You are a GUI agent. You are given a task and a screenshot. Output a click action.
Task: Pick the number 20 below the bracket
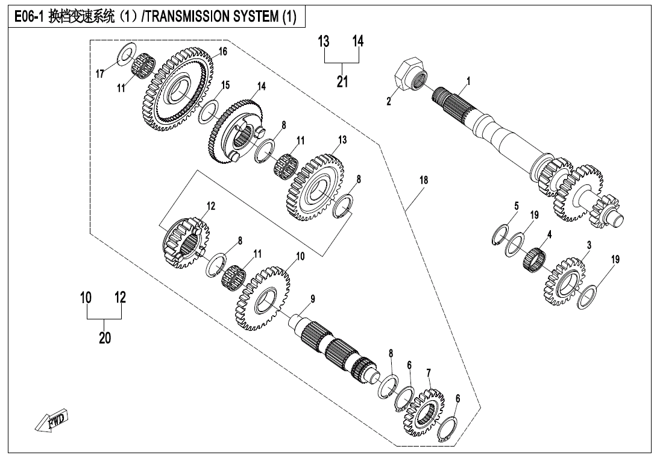[x=105, y=338]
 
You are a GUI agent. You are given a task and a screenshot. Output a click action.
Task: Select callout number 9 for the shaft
[x=313, y=298]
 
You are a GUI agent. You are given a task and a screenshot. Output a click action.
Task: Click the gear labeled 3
[x=567, y=277]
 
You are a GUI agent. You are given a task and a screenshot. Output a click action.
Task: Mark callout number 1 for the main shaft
[x=468, y=80]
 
